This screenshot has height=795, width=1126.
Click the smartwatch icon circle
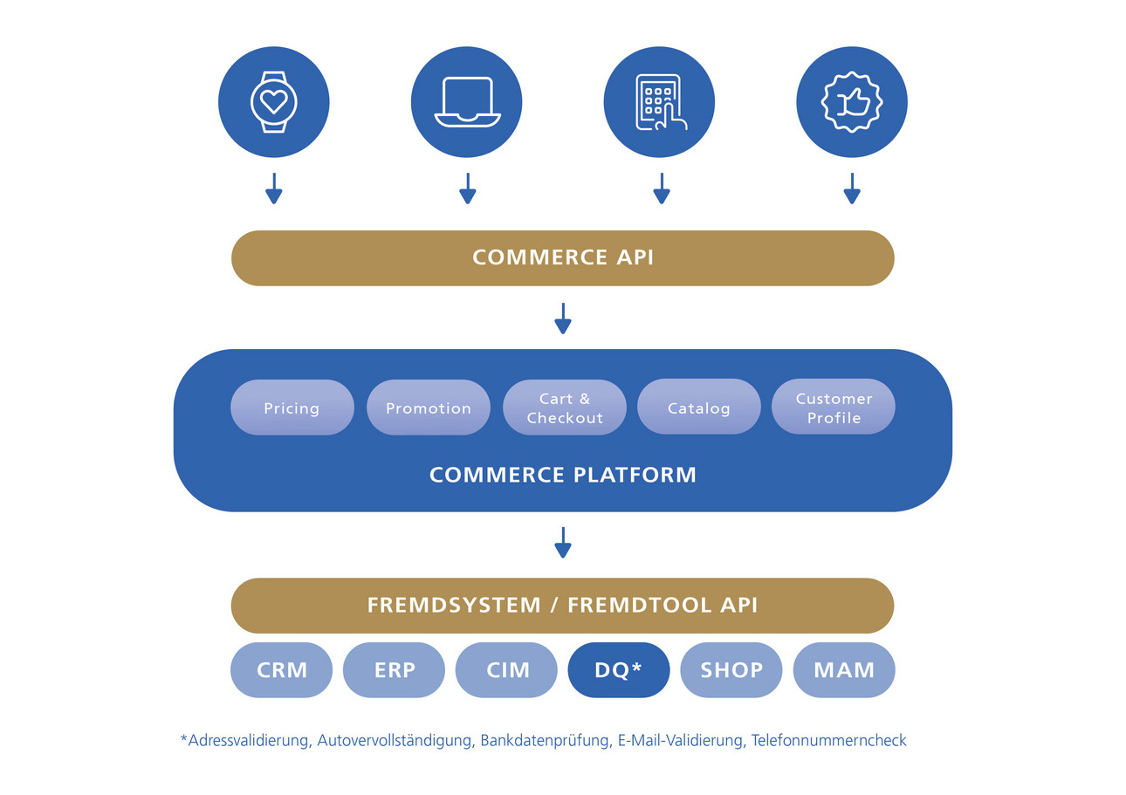(274, 102)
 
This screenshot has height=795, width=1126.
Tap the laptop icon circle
(467, 102)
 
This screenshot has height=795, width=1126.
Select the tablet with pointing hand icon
(659, 102)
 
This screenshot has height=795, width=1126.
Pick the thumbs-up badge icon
(852, 102)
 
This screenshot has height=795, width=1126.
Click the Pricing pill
(292, 408)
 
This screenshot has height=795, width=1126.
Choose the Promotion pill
(429, 408)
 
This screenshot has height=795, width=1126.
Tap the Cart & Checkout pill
(565, 408)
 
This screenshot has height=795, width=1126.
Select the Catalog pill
(699, 408)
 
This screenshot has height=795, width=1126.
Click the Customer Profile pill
(834, 408)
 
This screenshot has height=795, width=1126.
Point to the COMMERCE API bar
(563, 258)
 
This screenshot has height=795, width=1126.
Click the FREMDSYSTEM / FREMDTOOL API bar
(563, 606)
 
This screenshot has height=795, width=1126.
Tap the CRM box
(282, 670)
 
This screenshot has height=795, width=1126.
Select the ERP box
(395, 670)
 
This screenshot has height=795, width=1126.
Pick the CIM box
(507, 670)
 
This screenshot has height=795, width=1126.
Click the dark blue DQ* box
(619, 670)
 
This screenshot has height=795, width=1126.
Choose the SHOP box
(731, 670)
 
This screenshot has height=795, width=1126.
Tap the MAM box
(844, 670)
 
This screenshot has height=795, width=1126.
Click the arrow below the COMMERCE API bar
(563, 319)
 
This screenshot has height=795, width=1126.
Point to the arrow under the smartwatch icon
(274, 188)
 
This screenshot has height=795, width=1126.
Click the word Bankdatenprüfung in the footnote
(545, 741)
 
